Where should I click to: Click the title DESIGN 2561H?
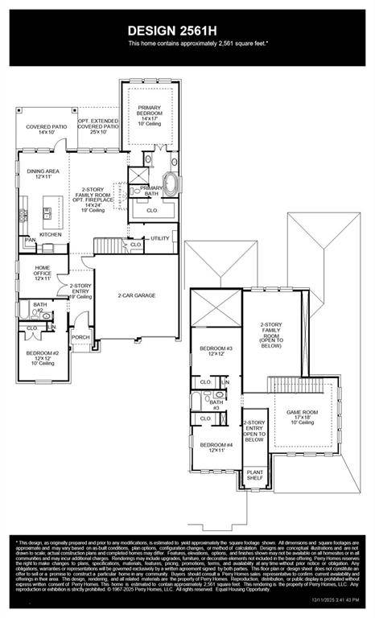(x=187, y=30)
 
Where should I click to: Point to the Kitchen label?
(x=39, y=234)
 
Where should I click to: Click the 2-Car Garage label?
(x=136, y=295)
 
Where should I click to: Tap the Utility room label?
(x=159, y=238)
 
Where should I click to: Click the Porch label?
(x=80, y=337)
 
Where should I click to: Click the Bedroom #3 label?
(x=216, y=351)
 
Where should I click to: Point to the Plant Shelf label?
(x=254, y=476)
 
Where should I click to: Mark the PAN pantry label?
(x=30, y=240)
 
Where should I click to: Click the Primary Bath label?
(x=150, y=190)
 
